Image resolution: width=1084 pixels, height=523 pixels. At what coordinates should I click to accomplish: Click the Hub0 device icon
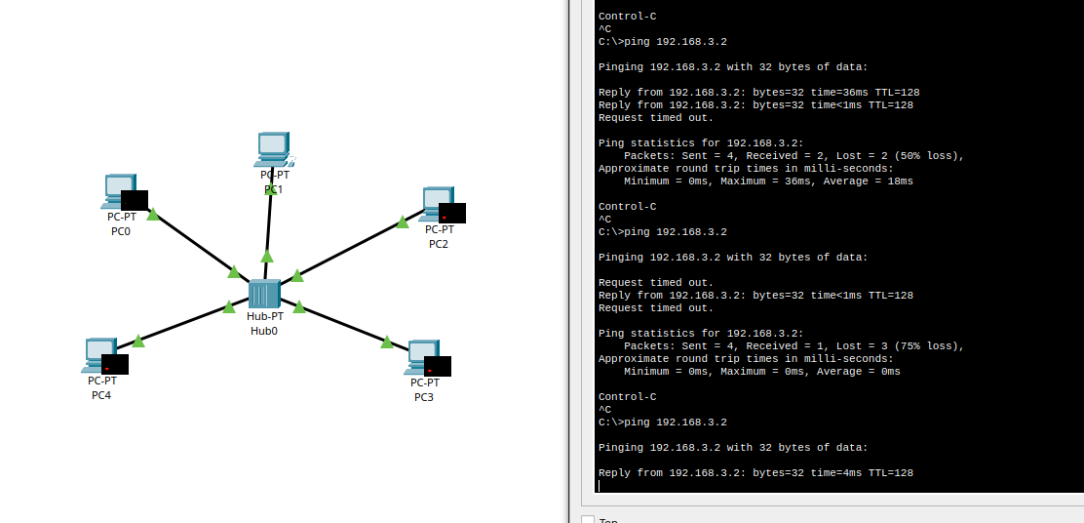tap(264, 294)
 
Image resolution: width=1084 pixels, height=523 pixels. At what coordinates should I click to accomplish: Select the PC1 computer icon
tap(273, 149)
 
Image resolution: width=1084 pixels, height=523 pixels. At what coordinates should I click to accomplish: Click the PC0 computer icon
tap(118, 190)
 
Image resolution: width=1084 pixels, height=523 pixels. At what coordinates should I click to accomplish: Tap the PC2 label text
tap(439, 244)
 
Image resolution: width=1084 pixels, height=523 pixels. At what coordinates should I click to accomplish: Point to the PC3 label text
tap(424, 397)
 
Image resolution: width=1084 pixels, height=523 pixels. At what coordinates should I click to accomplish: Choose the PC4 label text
tap(101, 395)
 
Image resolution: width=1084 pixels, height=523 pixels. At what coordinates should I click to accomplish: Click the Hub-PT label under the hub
tap(265, 316)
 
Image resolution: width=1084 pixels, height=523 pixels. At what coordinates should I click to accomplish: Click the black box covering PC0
tap(135, 200)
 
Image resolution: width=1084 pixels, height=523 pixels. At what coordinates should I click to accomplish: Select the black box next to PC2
tap(452, 213)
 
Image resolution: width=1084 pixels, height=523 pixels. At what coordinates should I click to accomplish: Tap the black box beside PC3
tap(438, 366)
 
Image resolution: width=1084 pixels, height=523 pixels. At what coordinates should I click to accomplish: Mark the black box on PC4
tap(115, 364)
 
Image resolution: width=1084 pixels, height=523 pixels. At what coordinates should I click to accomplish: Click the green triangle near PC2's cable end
tap(403, 221)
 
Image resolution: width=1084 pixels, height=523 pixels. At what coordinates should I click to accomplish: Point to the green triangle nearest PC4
tap(138, 341)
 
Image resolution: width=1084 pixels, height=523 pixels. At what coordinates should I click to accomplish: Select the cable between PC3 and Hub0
tap(343, 324)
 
